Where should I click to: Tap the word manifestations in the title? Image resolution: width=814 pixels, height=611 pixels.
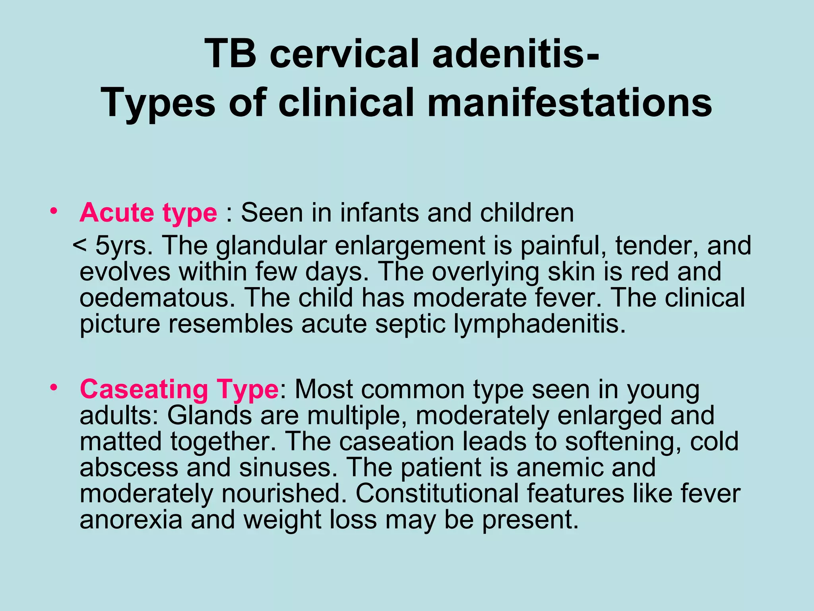tap(569, 103)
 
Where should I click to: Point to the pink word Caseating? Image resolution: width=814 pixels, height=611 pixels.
tap(143, 389)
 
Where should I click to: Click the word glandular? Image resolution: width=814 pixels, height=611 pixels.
tap(271, 245)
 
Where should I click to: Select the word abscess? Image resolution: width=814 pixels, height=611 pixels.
tap(128, 467)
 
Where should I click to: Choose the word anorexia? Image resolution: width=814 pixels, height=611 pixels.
tap(131, 520)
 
